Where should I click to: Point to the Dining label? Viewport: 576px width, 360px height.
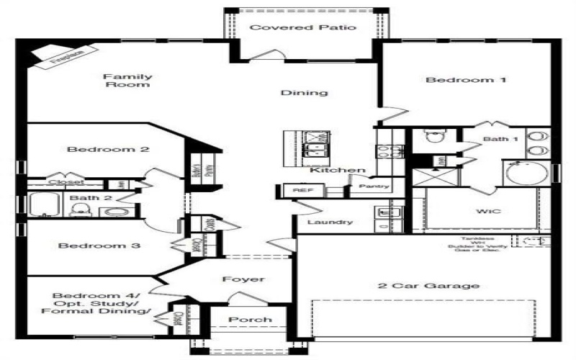point(304,93)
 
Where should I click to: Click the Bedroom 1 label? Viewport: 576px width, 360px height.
point(456,80)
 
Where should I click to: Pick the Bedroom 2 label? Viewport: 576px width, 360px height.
point(98,150)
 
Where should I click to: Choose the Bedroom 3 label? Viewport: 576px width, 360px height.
point(89,246)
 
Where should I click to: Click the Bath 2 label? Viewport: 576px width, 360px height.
point(84,197)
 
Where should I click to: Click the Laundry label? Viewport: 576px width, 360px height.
point(329,222)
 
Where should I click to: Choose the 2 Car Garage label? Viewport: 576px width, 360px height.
point(428,286)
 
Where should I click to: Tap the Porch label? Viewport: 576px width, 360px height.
point(250,320)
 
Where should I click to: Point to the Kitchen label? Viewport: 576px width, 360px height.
point(338,170)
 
